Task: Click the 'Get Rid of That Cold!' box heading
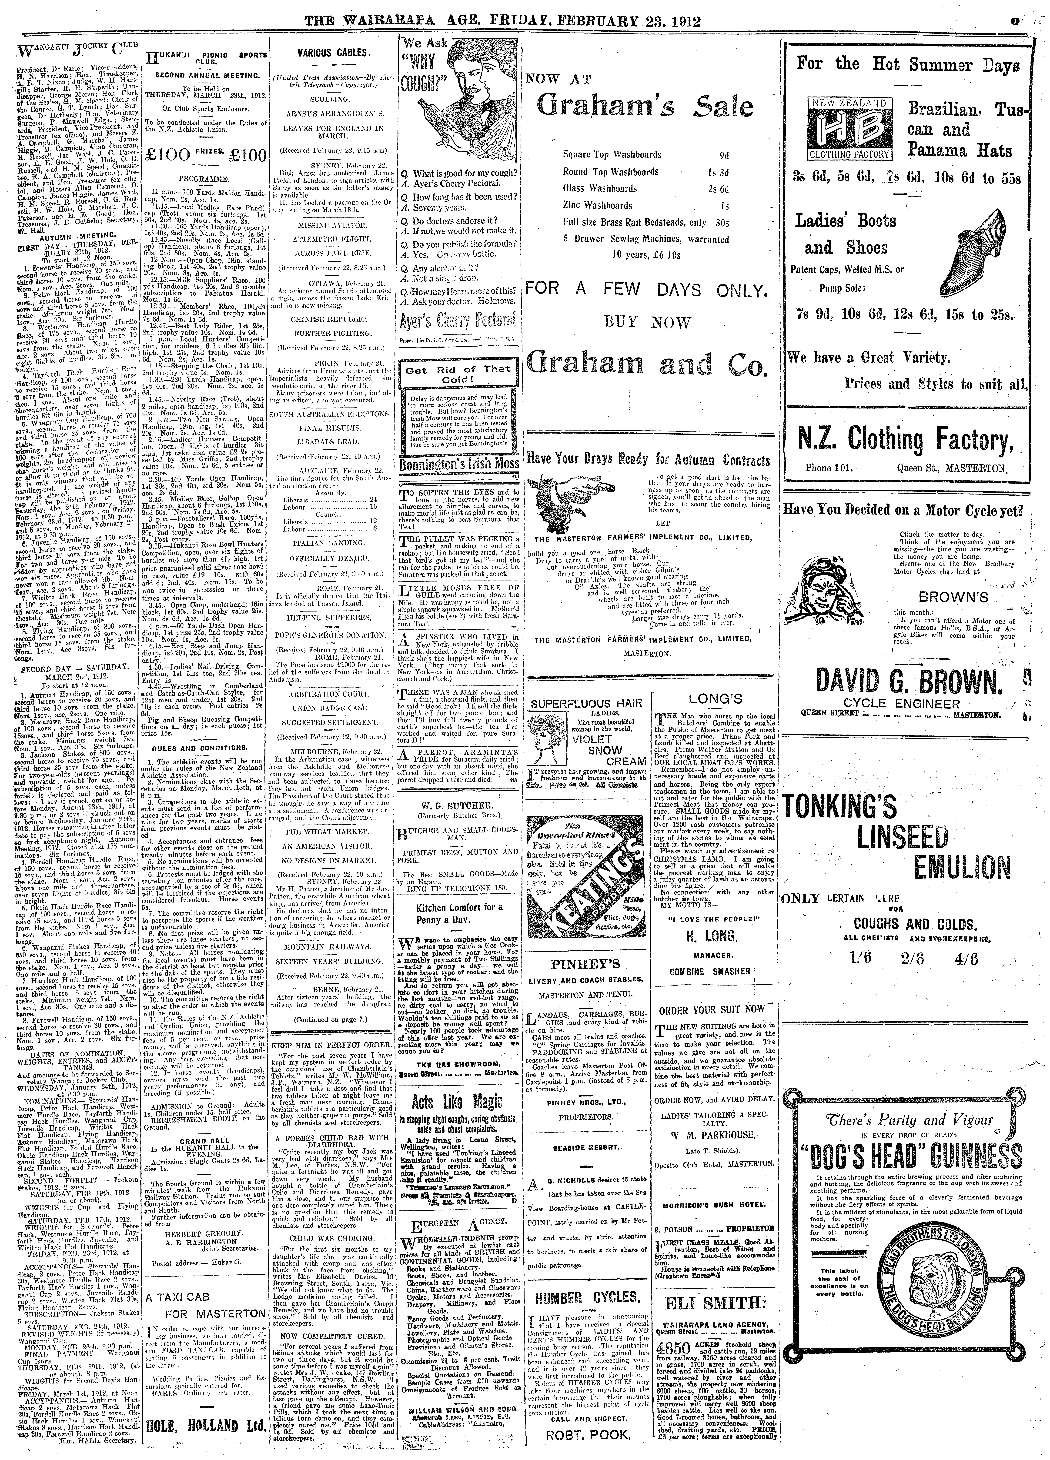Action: tap(458, 374)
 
